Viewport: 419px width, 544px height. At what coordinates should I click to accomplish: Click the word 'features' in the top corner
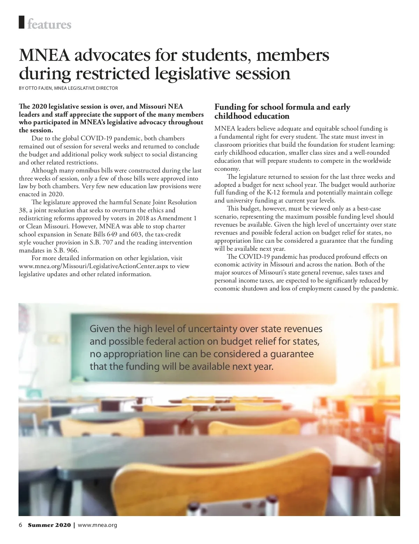pyautogui.click(x=49, y=24)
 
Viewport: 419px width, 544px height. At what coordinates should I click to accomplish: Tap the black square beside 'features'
pyautogui.click(x=22, y=22)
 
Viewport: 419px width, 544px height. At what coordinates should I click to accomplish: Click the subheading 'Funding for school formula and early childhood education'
pyautogui.click(x=282, y=111)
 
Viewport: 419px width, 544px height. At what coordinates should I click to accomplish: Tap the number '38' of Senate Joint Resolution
pyautogui.click(x=23, y=210)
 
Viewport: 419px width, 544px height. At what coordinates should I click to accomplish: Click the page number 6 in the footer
pyautogui.click(x=21, y=525)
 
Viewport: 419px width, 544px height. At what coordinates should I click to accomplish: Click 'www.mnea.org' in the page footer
pyautogui.click(x=97, y=525)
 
